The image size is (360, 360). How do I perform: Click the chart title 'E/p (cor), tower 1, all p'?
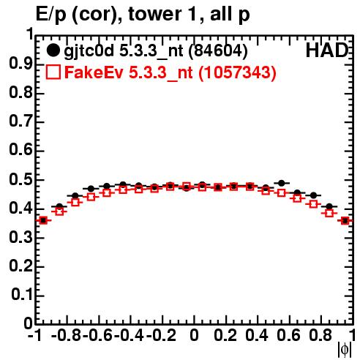tap(143, 14)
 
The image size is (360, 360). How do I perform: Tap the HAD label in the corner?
tap(326, 50)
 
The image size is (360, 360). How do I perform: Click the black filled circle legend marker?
tap(53, 50)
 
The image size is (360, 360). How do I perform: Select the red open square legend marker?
tap(53, 72)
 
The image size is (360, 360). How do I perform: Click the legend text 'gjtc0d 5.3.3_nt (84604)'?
tap(156, 51)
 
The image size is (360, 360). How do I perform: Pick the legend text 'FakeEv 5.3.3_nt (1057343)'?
tap(170, 72)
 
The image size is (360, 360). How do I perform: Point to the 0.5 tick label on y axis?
tap(21, 180)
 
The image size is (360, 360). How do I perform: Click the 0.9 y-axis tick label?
tap(21, 64)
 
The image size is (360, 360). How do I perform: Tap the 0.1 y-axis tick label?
tap(22, 295)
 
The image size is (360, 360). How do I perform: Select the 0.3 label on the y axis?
tap(21, 237)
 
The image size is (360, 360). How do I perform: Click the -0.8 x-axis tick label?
tap(67, 335)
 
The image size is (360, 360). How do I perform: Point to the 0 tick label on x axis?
tap(194, 335)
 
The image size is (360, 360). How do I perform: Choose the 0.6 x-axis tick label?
tap(288, 335)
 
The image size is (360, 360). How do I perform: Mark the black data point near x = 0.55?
tap(282, 183)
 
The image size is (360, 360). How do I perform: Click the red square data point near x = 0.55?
tap(282, 193)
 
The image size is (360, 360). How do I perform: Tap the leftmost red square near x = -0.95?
tap(43, 220)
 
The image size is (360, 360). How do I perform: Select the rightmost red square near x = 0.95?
tap(345, 221)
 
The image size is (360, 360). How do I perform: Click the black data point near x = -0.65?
tap(91, 189)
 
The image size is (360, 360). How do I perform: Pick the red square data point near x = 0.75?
tap(313, 204)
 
